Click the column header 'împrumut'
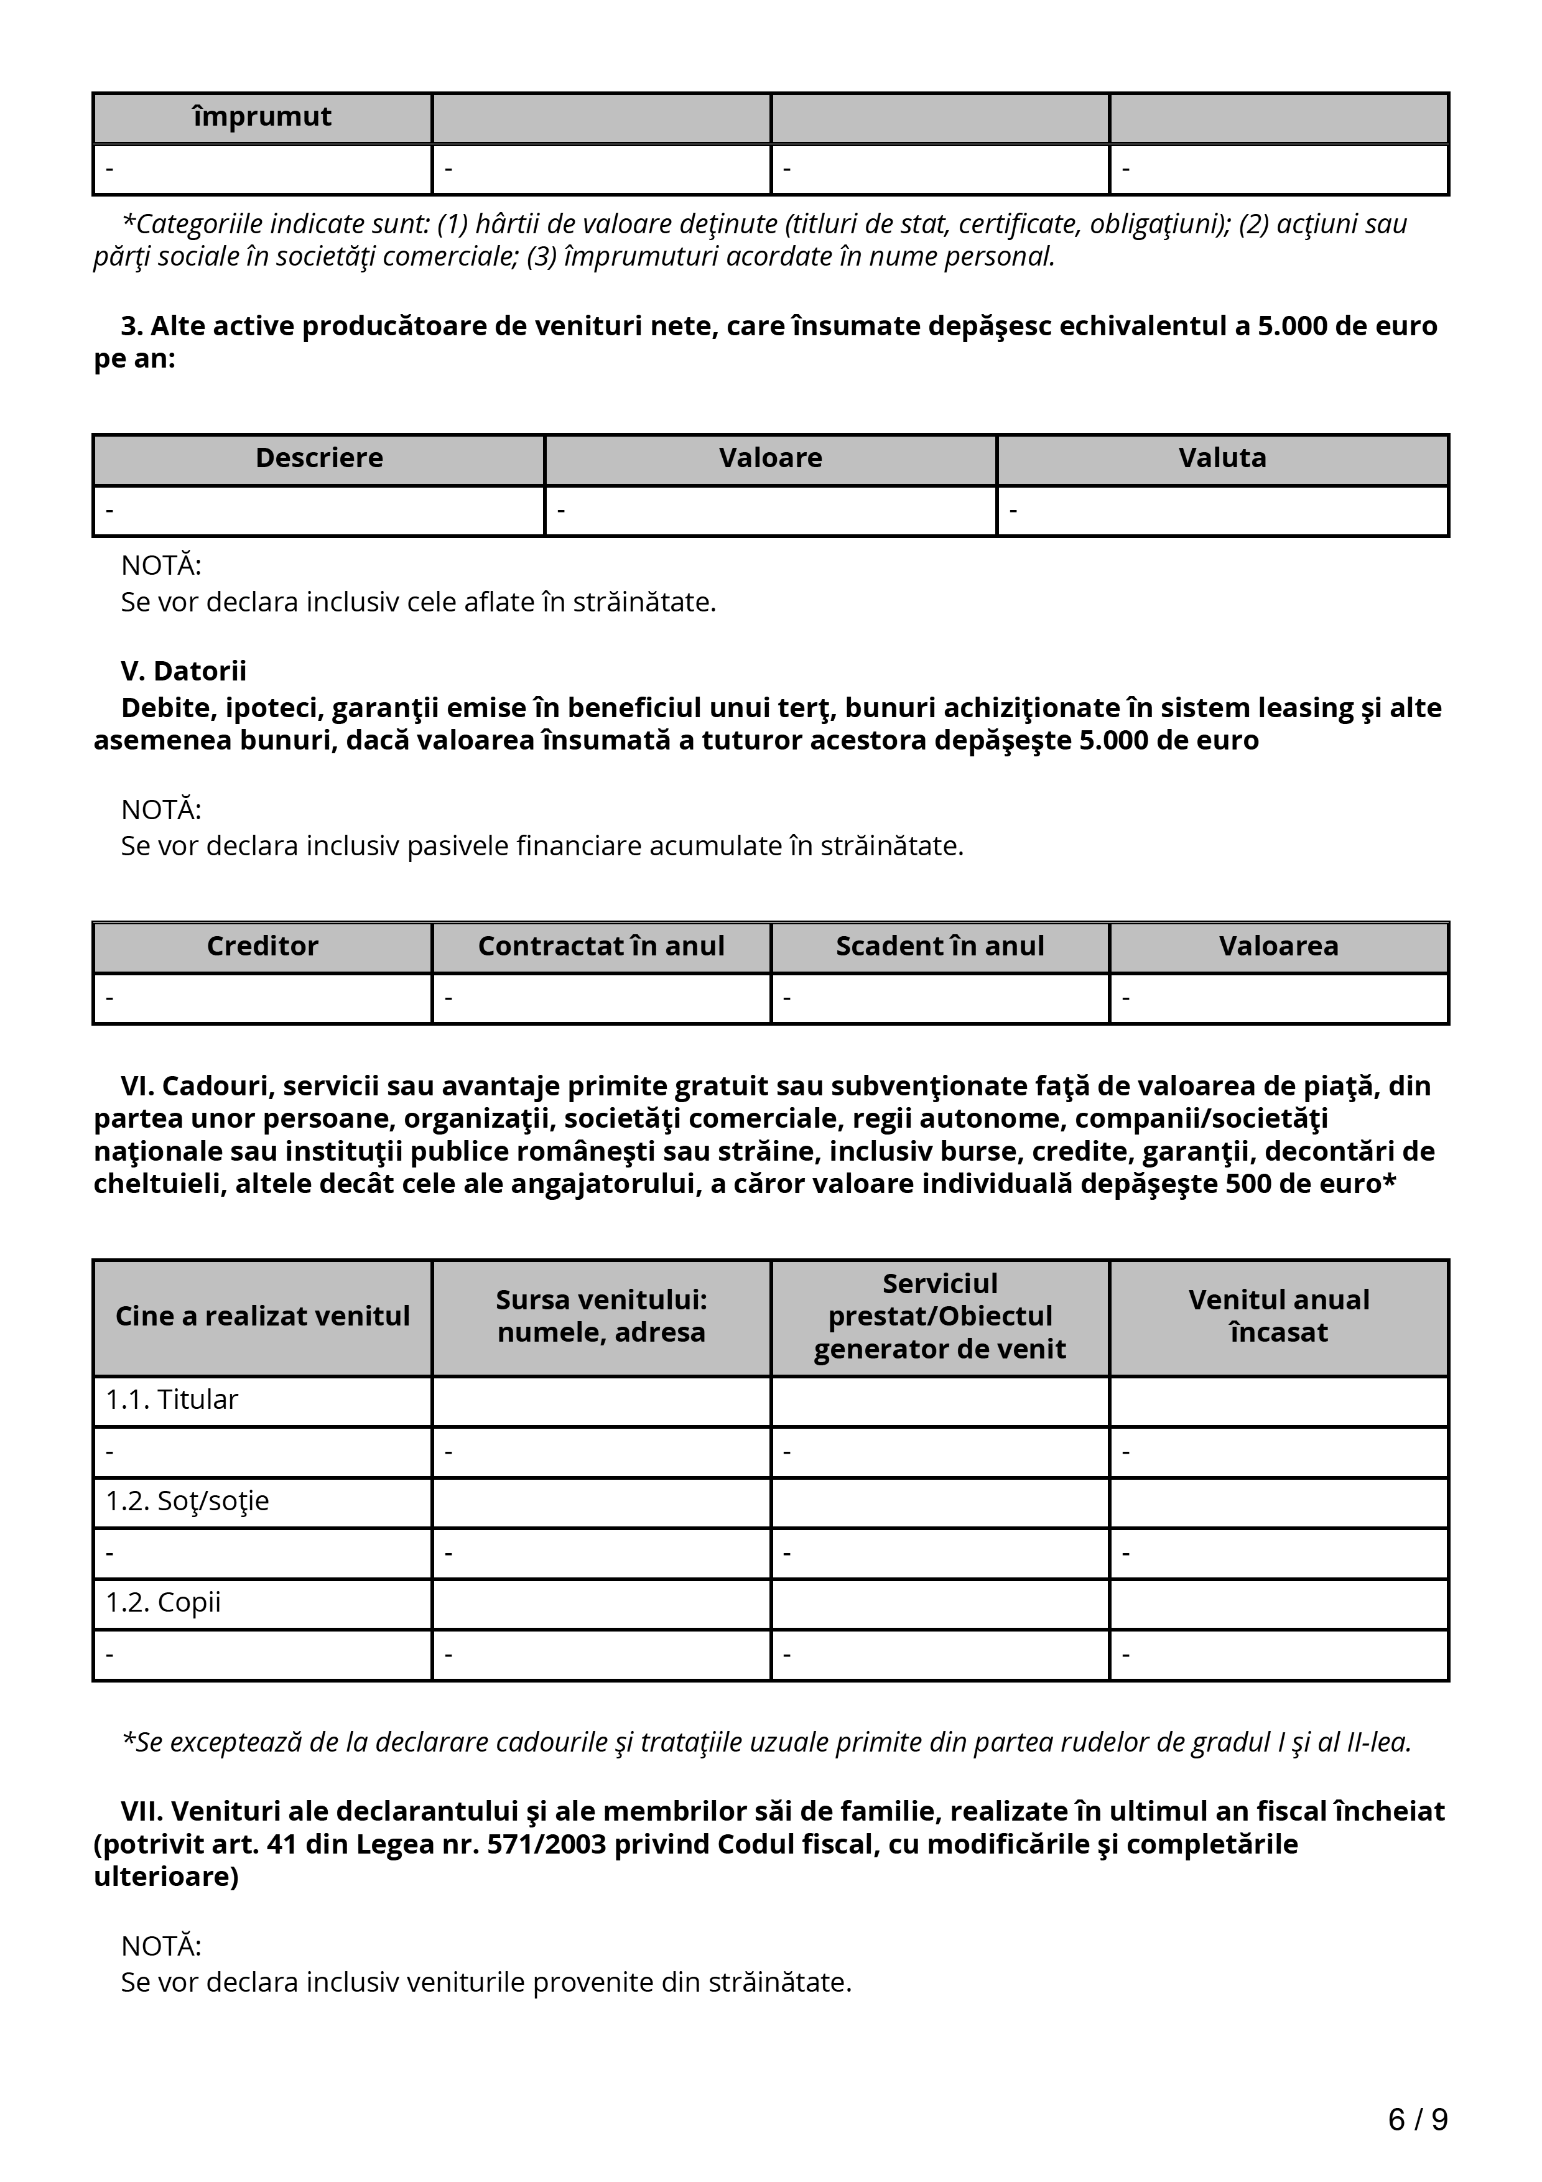262,117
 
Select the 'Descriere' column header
319,458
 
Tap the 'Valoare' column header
771,458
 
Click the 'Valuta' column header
1223,458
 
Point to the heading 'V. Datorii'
183,671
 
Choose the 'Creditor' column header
262,947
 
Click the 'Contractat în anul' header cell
601,947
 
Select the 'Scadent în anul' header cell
940,947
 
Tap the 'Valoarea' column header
1279,947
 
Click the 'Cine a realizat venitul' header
262,1316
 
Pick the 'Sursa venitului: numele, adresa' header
601,1316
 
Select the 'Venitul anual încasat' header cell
1279,1316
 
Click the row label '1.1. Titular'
172,1400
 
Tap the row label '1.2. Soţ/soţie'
187,1501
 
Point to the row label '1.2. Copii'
164,1602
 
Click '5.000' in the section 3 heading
1292,326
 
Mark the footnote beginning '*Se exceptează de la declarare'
766,1742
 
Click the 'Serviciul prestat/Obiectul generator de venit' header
940,1316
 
